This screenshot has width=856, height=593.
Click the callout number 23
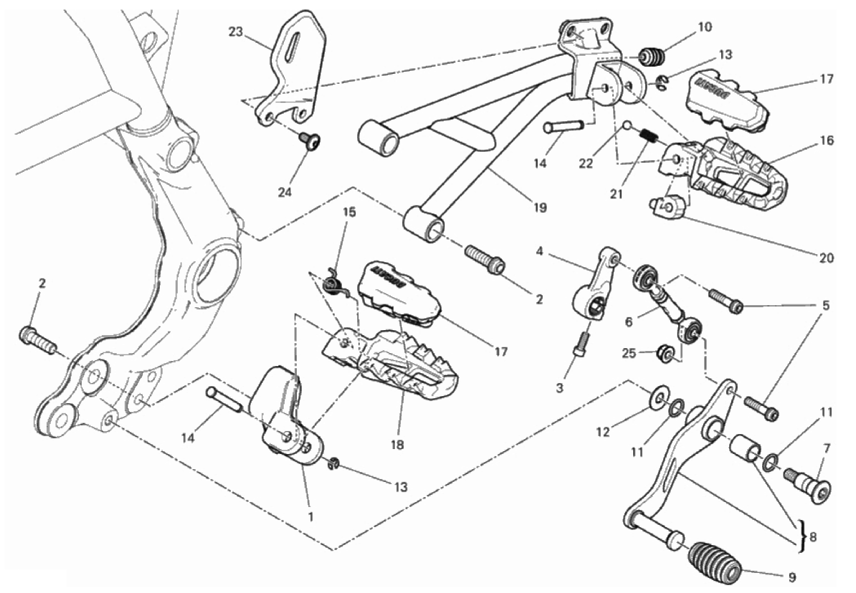[236, 32]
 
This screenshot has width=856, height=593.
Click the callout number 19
[540, 208]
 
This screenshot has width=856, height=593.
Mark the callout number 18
[397, 444]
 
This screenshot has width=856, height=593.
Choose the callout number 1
[310, 516]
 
